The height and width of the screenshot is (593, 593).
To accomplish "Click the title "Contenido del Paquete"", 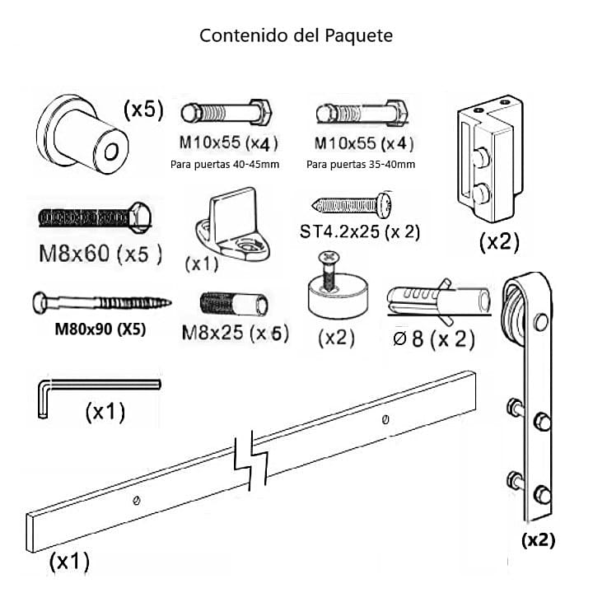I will [x=296, y=36].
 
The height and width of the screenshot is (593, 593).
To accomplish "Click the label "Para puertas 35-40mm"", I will [x=360, y=164].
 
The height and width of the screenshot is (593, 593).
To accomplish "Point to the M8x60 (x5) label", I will [x=100, y=254].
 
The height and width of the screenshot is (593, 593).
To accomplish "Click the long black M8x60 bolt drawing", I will [x=94, y=217].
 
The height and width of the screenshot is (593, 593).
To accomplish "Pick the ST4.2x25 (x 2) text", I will [x=360, y=232].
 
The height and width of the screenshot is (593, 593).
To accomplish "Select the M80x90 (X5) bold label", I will [x=100, y=329].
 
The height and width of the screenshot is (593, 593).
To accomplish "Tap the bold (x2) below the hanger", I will [x=538, y=540].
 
